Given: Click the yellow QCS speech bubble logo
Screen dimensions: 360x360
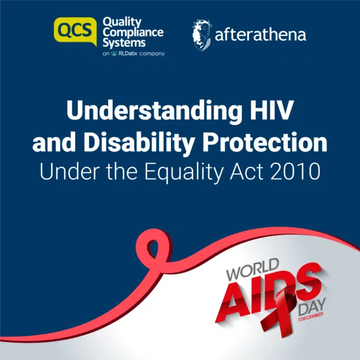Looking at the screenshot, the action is [76, 31].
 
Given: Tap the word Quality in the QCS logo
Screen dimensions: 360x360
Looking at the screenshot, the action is [122, 22].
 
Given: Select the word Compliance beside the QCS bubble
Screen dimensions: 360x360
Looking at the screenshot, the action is [133, 33].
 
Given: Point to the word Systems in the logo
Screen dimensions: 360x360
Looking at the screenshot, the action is [124, 43].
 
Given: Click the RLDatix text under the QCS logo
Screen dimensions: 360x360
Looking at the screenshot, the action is [128, 53].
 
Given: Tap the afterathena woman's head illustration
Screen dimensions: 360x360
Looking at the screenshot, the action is [202, 35].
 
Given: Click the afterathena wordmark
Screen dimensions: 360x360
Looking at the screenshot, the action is [260, 35].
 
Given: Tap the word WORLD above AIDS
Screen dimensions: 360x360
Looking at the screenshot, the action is [253, 269].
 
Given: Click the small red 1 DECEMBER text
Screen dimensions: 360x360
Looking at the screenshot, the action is [310, 317].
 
